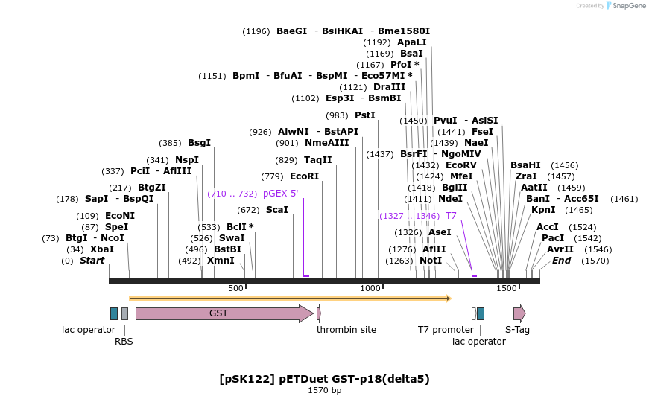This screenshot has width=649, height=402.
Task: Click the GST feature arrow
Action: [x=224, y=313]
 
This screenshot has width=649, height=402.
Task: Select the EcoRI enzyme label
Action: [x=304, y=176]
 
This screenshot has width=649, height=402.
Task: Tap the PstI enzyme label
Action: [x=365, y=115]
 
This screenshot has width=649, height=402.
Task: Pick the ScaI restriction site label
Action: [x=277, y=210]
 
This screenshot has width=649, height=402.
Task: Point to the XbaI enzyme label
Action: [x=102, y=249]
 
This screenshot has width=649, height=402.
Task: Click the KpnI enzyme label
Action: [x=543, y=210]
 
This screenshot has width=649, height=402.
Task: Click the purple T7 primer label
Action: [x=451, y=216]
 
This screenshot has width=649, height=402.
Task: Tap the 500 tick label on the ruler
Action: [x=235, y=288]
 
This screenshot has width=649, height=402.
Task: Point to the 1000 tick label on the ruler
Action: [x=370, y=288]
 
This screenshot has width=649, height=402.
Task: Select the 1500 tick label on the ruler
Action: [x=506, y=288]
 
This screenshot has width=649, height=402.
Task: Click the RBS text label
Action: [x=124, y=342]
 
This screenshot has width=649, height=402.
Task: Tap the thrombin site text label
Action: [x=346, y=330]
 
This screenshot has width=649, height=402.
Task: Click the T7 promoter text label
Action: [x=446, y=330]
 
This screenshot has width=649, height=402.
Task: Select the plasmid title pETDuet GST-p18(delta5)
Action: [x=325, y=379]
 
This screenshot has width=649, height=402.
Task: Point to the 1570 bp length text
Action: [x=325, y=391]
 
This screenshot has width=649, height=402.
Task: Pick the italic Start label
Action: [x=92, y=261]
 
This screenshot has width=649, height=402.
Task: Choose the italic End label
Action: [x=561, y=261]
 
